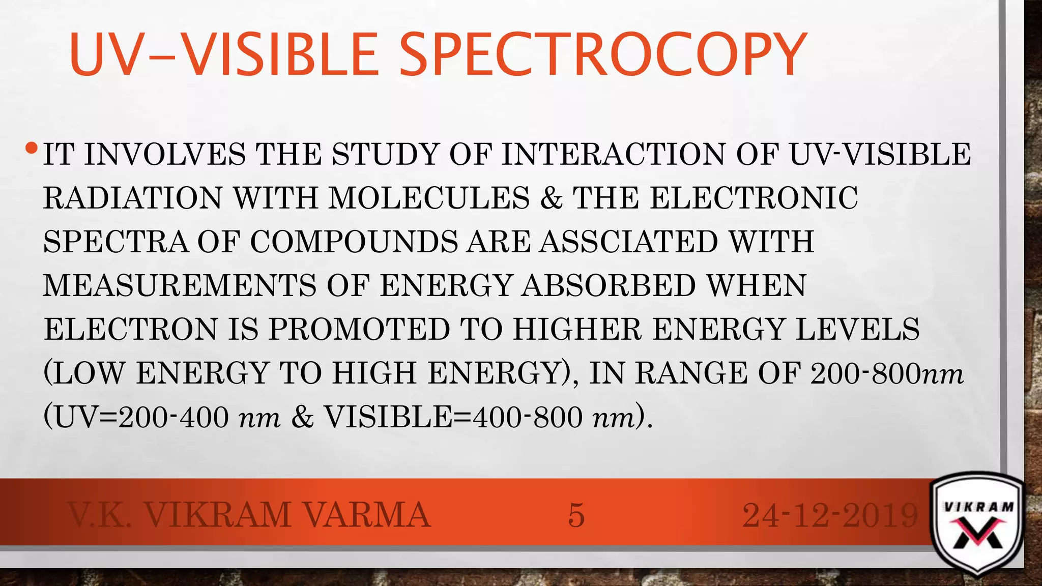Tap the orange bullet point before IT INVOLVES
(31, 149)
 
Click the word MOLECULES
(429, 198)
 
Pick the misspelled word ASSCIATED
(628, 242)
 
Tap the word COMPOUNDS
(354, 242)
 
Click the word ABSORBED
(609, 285)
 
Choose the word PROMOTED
(359, 329)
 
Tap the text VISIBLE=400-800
(453, 418)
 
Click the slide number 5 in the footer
(576, 515)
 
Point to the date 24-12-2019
(830, 515)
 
